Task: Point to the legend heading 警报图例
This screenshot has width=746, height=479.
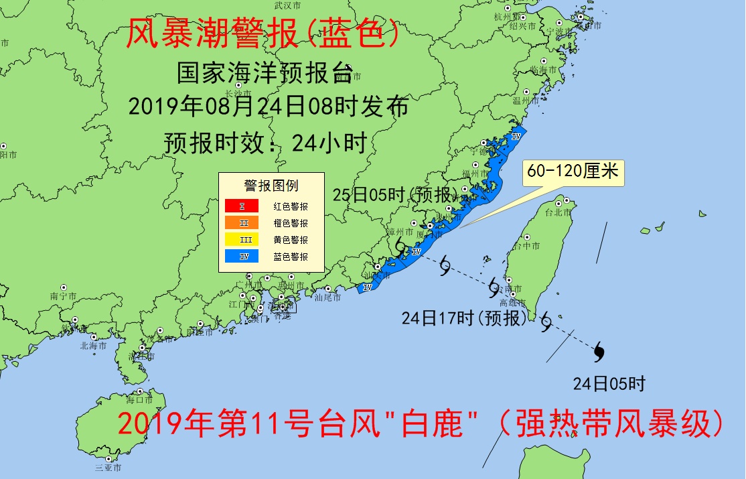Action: pyautogui.click(x=271, y=186)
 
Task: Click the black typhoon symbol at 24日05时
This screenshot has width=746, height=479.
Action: pyautogui.click(x=599, y=350)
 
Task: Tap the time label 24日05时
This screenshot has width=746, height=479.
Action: pyautogui.click(x=609, y=384)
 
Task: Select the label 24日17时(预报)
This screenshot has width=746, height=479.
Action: pyautogui.click(x=465, y=318)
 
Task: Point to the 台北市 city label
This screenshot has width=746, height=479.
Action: pyautogui.click(x=558, y=212)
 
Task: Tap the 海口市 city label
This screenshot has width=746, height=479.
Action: pyautogui.click(x=139, y=401)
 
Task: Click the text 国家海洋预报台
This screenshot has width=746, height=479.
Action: pyautogui.click(x=265, y=73)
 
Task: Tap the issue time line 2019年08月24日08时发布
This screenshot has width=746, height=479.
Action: pyautogui.click(x=267, y=107)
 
